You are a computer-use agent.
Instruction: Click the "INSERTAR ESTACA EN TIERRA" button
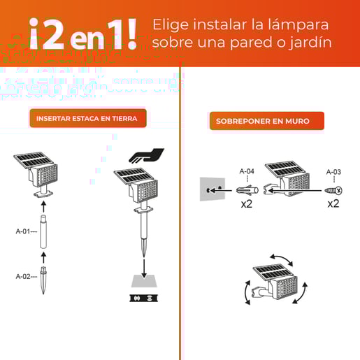[x=87, y=118]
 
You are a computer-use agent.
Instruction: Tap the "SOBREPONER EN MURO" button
[x=267, y=121]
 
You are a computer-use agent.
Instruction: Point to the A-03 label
[x=333, y=171]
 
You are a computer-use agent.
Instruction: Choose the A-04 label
[x=247, y=171]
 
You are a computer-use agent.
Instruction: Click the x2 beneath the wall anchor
[x=247, y=204]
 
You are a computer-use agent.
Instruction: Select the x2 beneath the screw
[x=333, y=204]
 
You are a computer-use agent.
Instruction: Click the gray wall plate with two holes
[x=213, y=189]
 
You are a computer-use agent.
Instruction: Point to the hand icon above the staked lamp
[x=147, y=155]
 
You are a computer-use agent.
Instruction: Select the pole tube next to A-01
[x=44, y=232]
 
